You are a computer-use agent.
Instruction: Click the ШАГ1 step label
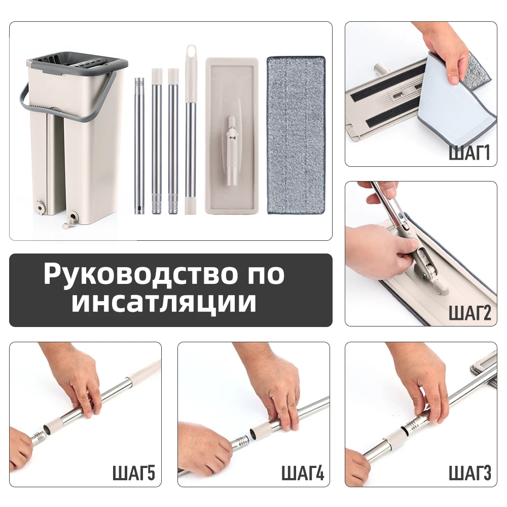tap(469, 152)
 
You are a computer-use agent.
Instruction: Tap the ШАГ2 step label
tap(469, 313)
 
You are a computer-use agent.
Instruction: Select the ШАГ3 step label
tap(469, 474)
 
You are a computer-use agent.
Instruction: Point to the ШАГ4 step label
tap(302, 474)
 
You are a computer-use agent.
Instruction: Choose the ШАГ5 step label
tap(134, 474)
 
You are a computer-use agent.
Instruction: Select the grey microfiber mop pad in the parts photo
tap(296, 134)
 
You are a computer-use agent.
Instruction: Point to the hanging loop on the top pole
tap(191, 53)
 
